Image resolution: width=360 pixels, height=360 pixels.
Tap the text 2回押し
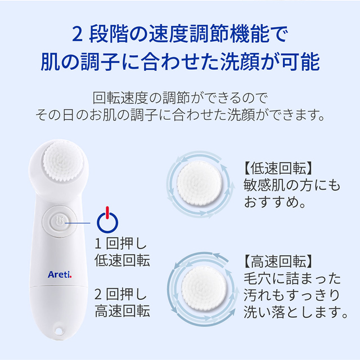point(122,294)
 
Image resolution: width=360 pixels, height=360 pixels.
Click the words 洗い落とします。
point(295,310)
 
